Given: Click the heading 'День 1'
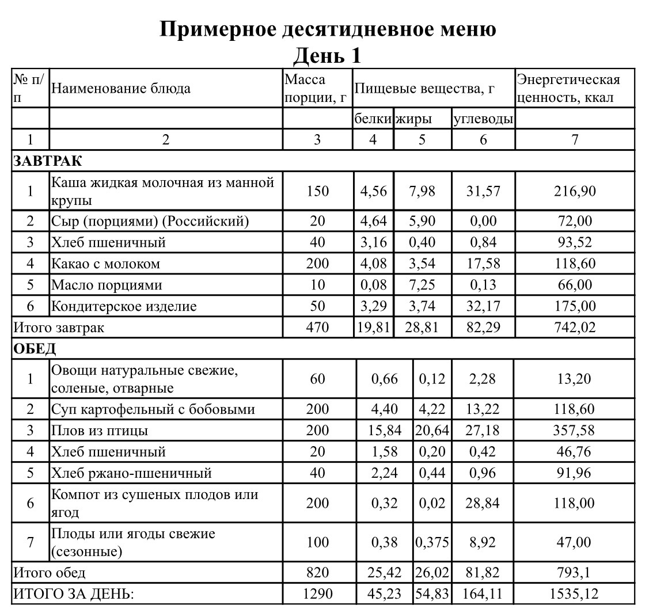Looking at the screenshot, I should coord(327,56).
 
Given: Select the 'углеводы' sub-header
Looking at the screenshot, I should coord(483,119).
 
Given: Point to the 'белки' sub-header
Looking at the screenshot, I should coord(373,119).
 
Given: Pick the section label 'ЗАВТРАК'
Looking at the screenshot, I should coord(48,161).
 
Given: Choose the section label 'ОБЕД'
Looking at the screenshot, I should coord(35,348).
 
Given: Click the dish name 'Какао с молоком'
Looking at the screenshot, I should coord(106,264).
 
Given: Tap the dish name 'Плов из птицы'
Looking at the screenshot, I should coord(100,431).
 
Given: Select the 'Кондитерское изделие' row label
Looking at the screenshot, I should coord(124,306).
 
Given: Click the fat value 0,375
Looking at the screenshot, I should coord(432,542).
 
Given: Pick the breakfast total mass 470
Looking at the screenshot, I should coord(317,328).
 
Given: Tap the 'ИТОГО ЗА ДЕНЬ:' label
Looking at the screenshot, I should coord(73,593).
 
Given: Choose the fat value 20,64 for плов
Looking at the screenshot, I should coord(432,431).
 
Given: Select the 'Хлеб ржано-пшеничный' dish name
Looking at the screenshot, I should coord(131,473).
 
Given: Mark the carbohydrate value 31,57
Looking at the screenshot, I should coord(483,191).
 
